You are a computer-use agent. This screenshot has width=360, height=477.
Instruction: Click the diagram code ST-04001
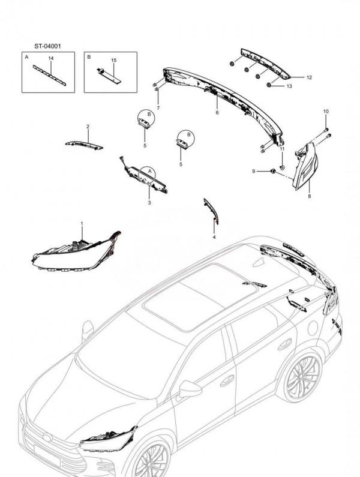[x=47, y=46]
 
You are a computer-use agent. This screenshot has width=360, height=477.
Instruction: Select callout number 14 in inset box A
[x=51, y=58]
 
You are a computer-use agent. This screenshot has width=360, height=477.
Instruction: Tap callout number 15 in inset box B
[x=113, y=61]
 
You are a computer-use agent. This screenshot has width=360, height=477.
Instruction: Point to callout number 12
[x=309, y=77]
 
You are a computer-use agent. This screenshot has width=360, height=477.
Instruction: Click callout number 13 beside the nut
[x=289, y=86]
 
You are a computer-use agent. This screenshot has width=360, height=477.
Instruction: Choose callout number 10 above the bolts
[x=326, y=112]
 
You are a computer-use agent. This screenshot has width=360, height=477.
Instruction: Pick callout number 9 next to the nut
[x=254, y=172]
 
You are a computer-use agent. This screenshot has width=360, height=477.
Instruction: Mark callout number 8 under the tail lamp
[x=310, y=197]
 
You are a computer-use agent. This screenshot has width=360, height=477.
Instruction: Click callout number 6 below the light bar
[x=217, y=113]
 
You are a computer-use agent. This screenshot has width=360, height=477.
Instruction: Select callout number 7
[x=158, y=108]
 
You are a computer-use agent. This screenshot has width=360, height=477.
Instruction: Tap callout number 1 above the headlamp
[x=82, y=224]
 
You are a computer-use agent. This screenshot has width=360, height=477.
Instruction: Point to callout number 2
[x=88, y=127]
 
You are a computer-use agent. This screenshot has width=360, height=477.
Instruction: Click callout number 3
[x=149, y=203]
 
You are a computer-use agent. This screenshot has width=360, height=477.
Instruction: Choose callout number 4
[x=214, y=237]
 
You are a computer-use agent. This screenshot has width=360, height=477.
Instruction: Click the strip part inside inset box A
[x=49, y=76]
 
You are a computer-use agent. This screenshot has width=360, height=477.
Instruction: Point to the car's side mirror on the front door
[x=190, y=389]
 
